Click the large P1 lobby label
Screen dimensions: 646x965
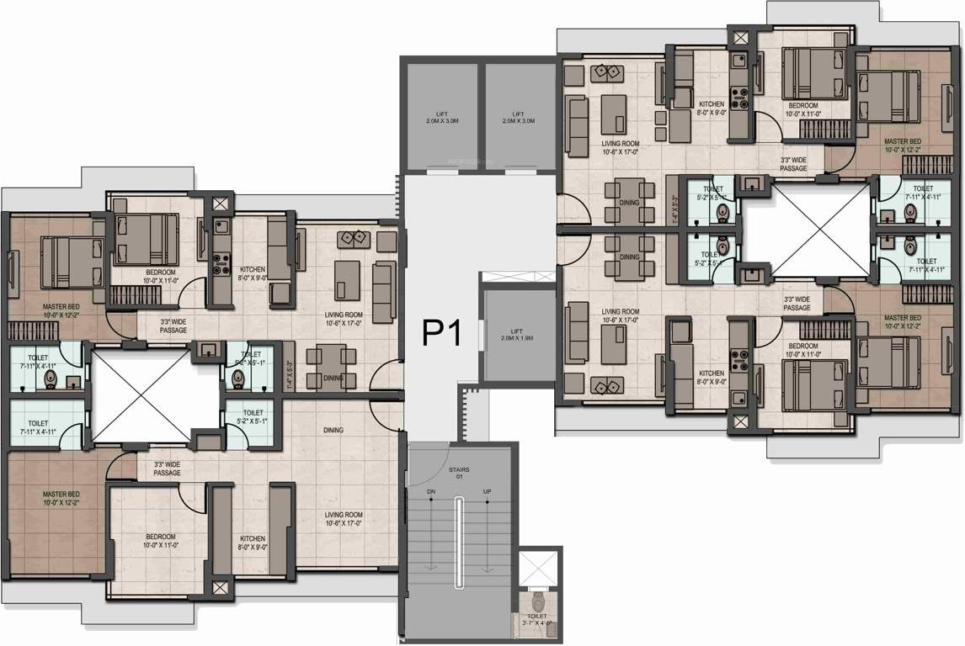(440, 334)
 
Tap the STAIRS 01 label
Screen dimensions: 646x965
(459, 474)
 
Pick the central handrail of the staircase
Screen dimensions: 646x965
(459, 543)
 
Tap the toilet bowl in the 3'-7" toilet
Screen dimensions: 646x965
(537, 603)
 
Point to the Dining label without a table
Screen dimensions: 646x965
(333, 431)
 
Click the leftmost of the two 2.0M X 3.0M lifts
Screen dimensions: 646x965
(442, 117)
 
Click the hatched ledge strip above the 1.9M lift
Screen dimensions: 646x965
(518, 276)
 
